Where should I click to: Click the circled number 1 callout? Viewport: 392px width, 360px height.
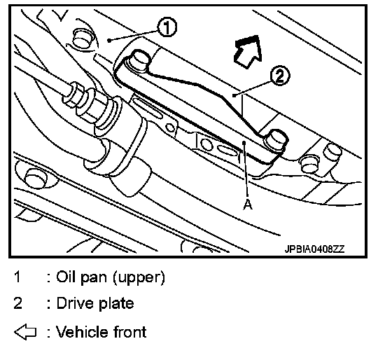pyautogui.click(x=167, y=27)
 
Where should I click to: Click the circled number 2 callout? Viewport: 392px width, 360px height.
pyautogui.click(x=280, y=76)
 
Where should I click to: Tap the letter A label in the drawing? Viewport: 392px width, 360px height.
pyautogui.click(x=248, y=205)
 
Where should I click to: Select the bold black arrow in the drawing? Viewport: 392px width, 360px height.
pyautogui.click(x=248, y=52)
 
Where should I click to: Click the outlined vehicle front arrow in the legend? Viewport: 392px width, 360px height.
pyautogui.click(x=25, y=332)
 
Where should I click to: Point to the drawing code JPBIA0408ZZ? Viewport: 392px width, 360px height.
pyautogui.click(x=314, y=249)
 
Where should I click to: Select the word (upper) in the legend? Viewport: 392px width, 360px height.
pyautogui.click(x=139, y=277)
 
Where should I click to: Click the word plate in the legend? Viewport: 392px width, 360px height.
pyautogui.click(x=116, y=304)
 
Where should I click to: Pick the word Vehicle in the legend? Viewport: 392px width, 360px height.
pyautogui.click(x=83, y=332)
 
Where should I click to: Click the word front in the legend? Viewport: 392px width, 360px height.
pyautogui.click(x=130, y=332)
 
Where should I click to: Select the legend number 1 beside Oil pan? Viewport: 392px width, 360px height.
pyautogui.click(x=17, y=277)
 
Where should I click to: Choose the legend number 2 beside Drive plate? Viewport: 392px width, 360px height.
pyautogui.click(x=17, y=303)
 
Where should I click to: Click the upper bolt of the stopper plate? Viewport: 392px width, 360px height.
pyautogui.click(x=140, y=60)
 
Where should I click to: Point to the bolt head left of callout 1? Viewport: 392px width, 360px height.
pyautogui.click(x=83, y=38)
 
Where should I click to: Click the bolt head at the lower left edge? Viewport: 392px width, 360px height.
pyautogui.click(x=35, y=177)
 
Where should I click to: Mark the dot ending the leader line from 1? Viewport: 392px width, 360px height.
pyautogui.click(x=109, y=40)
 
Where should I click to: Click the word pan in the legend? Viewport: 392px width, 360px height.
pyautogui.click(x=94, y=279)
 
